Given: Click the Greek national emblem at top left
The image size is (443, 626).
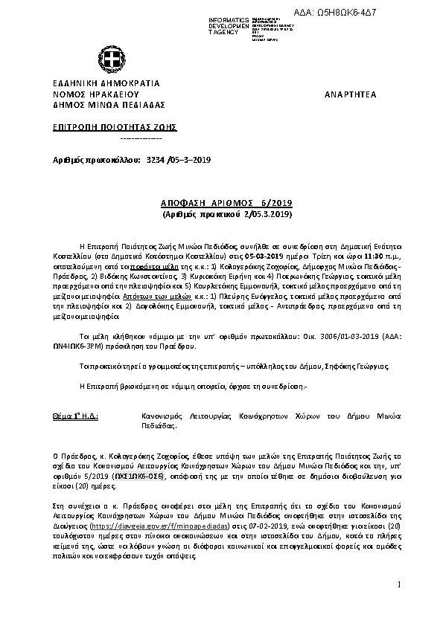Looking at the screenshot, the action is tap(106, 61).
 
